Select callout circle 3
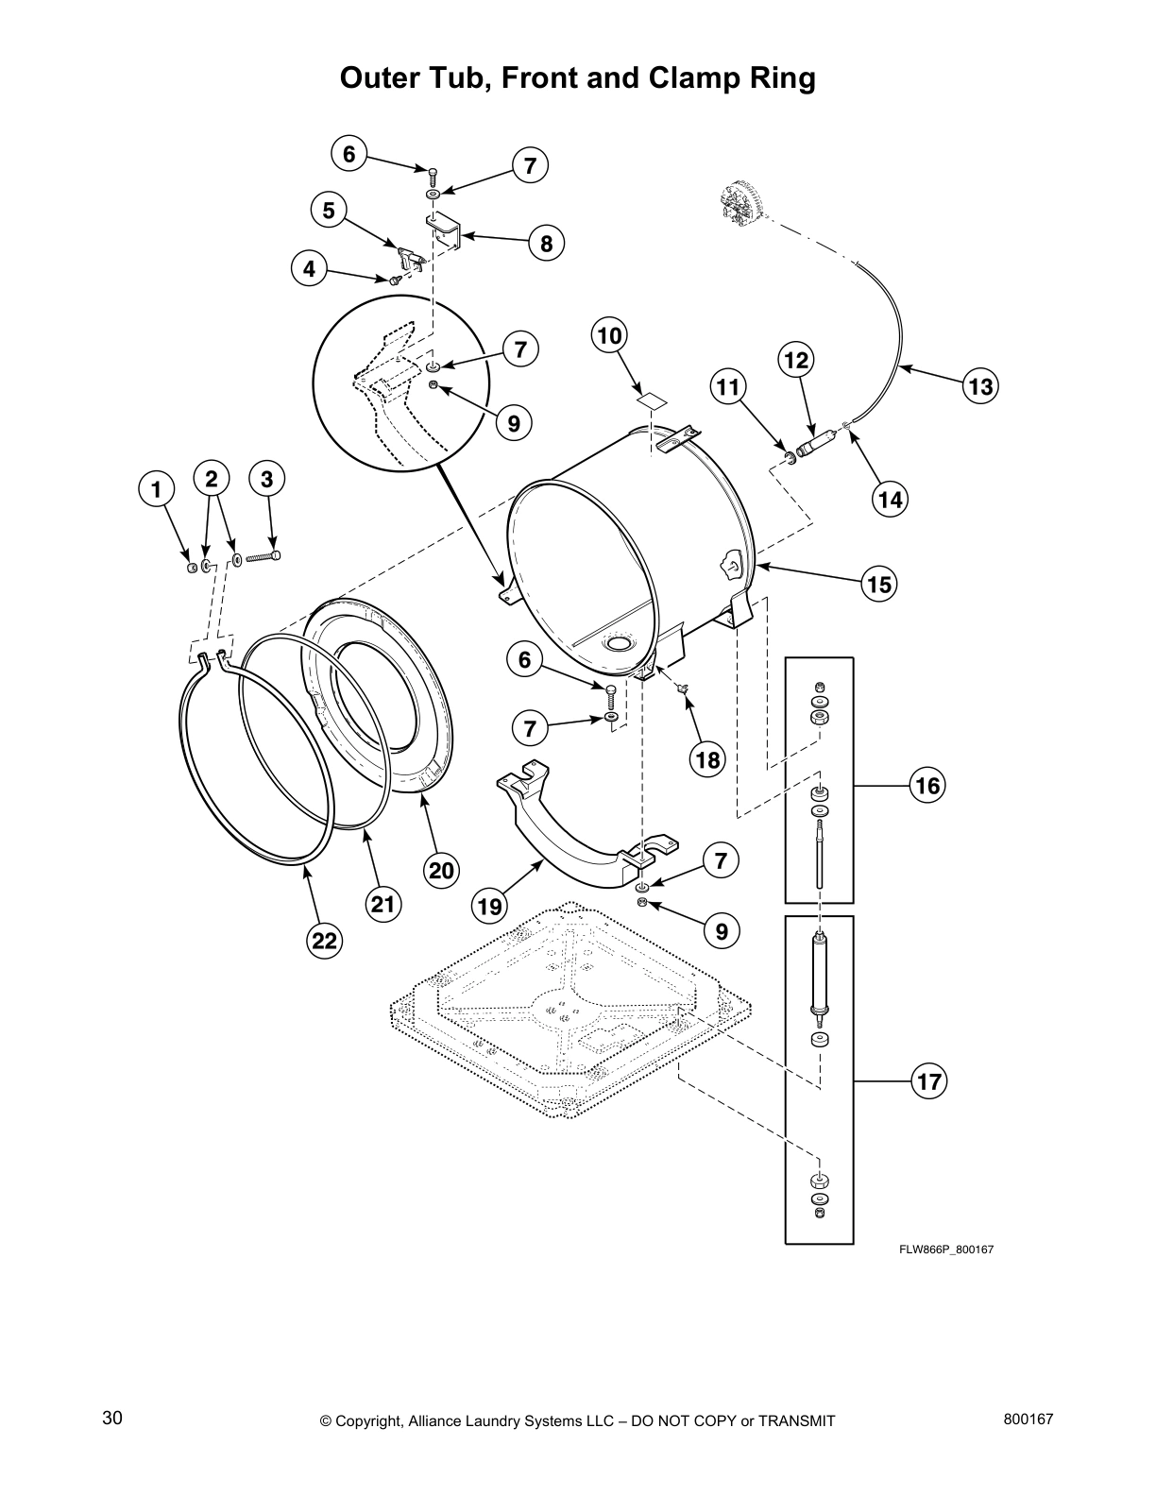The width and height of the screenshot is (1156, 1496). coord(267,479)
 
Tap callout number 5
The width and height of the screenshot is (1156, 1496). coord(329,210)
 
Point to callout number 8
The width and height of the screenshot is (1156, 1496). coord(546,244)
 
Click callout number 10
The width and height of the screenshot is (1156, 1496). coord(610,335)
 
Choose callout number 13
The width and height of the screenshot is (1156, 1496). coord(980,385)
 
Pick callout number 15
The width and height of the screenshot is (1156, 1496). coord(878,585)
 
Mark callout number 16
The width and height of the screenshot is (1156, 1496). coord(928,785)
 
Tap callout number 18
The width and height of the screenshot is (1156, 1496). coord(706,759)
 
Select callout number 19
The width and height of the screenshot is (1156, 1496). coord(489,907)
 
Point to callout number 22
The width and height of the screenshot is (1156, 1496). coord(324,940)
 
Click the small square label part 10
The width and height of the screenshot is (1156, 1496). coord(649,399)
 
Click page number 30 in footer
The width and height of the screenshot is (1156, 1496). coord(112,1419)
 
